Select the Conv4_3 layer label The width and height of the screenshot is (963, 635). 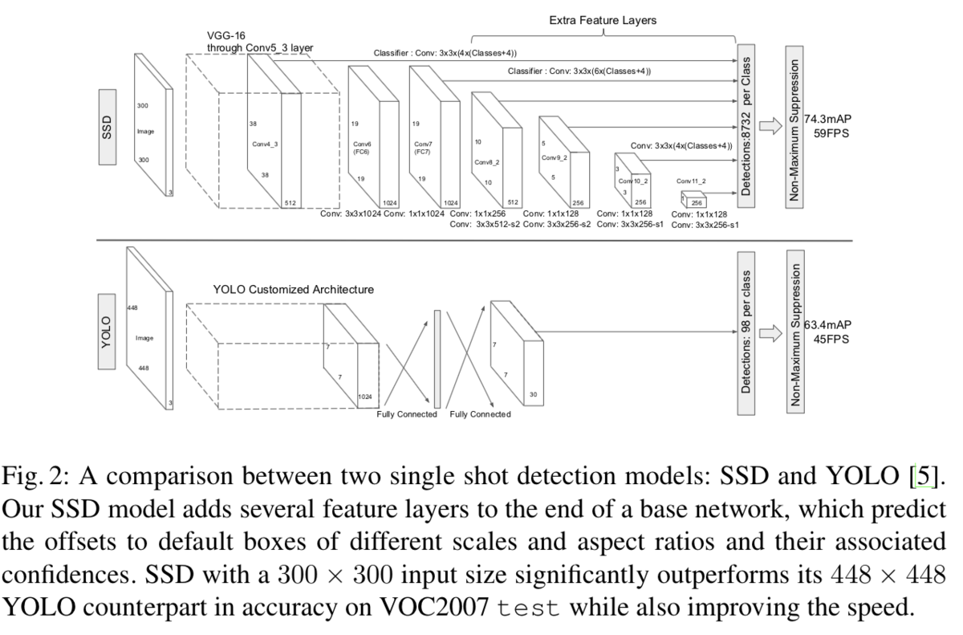pyautogui.click(x=265, y=145)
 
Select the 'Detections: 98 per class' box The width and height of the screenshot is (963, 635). pyautogui.click(x=746, y=332)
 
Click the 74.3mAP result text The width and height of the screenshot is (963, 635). pyautogui.click(x=827, y=119)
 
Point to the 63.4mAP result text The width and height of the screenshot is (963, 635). pyautogui.click(x=827, y=325)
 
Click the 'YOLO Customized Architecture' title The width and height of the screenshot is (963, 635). pyautogui.click(x=293, y=289)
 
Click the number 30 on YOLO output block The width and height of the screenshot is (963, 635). pyautogui.click(x=534, y=394)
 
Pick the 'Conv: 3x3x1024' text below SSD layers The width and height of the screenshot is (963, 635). pyautogui.click(x=350, y=214)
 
